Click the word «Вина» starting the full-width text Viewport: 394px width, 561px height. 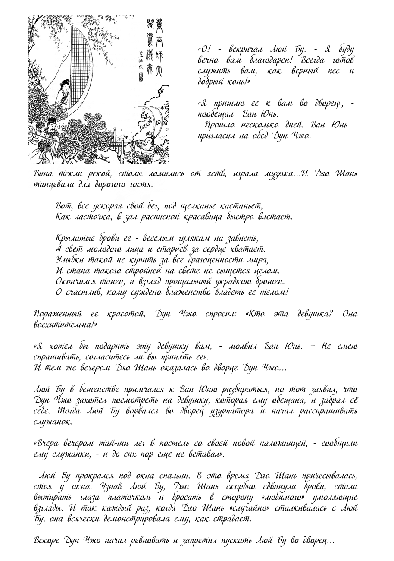[x=44, y=174]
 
